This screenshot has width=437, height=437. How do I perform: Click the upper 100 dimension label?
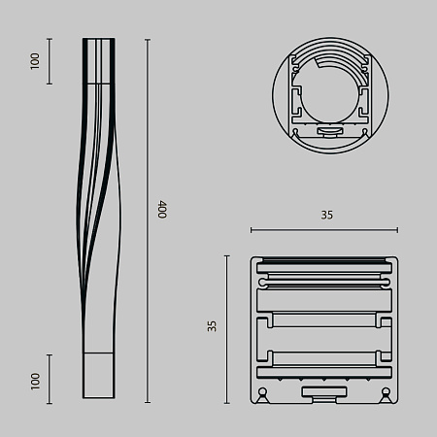pyautogui.click(x=36, y=61)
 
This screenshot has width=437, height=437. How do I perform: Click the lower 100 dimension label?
pyautogui.click(x=36, y=380)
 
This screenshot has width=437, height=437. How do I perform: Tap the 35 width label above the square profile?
pyautogui.click(x=326, y=216)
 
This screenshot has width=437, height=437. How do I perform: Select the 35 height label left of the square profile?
pyautogui.click(x=213, y=328)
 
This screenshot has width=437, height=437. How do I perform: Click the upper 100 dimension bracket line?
pyautogui.click(x=50, y=61)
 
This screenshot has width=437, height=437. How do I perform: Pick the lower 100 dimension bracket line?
pyautogui.click(x=50, y=379)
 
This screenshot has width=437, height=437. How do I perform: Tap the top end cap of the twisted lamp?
pyautogui.click(x=97, y=43)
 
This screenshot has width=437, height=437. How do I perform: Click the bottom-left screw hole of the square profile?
pyautogui.click(x=262, y=393)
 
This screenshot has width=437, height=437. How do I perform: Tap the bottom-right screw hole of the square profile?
pyautogui.click(x=387, y=393)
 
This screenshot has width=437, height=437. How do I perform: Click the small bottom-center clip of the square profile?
pyautogui.click(x=324, y=392)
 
